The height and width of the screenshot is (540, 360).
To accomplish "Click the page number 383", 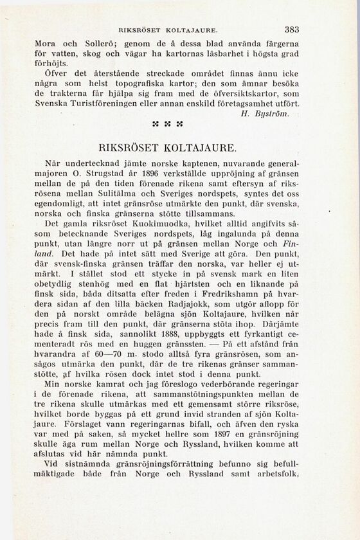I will click(291, 30).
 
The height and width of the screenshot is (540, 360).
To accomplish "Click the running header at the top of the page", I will click(170, 30).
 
